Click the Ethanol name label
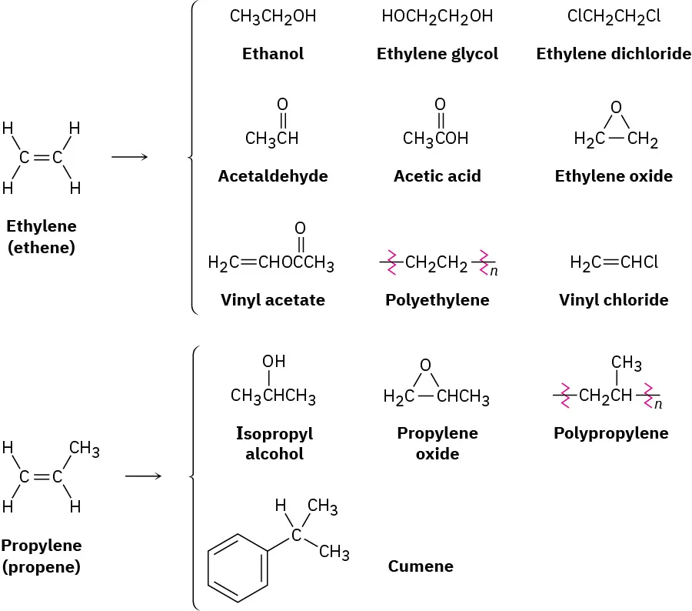[272, 54]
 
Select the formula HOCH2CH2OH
[437, 16]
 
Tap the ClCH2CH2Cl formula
[614, 16]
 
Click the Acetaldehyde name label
[272, 176]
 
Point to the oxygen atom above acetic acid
[440, 104]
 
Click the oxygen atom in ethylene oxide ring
[615, 107]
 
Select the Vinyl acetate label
[272, 300]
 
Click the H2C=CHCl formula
[614, 263]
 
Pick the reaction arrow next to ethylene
[129, 158]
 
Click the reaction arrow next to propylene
[143, 476]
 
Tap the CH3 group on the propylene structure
[85, 449]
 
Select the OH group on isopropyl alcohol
[274, 361]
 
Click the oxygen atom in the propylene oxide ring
[425, 366]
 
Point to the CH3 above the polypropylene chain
[626, 362]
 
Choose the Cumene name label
[420, 567]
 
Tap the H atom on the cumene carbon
[281, 506]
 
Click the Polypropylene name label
[610, 433]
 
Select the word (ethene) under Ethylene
[42, 248]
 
